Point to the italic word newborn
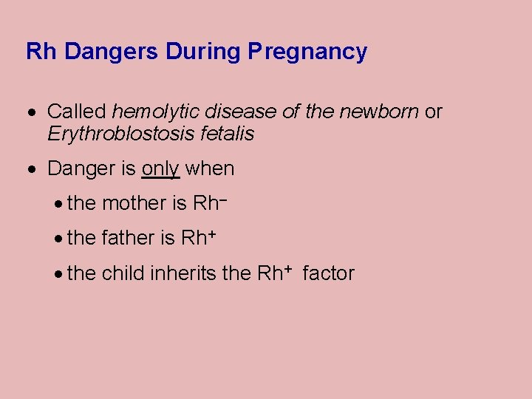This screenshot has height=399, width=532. pos(379,112)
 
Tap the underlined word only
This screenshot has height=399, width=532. pos(160,169)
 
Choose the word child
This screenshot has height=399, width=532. pos(123,273)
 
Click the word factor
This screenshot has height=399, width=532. pos(328,273)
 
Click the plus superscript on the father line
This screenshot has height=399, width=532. pos(212,233)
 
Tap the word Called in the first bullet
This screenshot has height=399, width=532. pos(77,112)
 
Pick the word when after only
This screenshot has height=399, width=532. pos(210,169)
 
